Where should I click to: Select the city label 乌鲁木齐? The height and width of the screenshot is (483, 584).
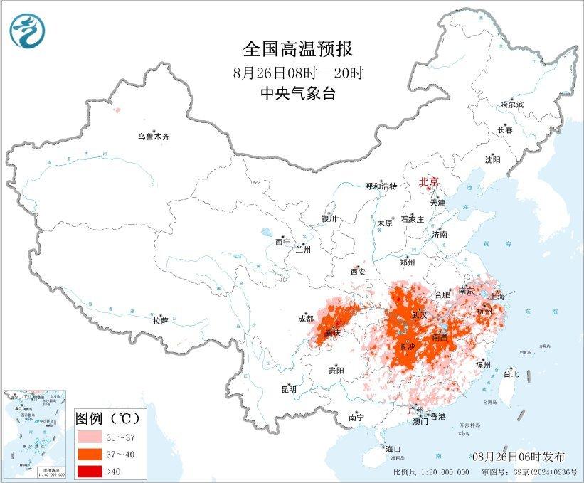pos(154,136)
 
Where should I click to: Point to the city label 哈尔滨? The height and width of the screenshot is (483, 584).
pos(511,105)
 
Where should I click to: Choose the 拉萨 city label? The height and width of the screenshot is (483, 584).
pos(160,321)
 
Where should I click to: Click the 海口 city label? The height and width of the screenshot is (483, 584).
pos(393,450)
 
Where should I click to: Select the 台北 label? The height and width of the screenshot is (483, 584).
pos(511,373)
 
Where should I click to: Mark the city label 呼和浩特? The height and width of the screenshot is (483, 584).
pos(381,186)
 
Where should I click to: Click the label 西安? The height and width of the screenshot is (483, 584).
pos(358,271)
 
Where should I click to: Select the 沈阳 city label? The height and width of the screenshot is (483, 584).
pos(492,159)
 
